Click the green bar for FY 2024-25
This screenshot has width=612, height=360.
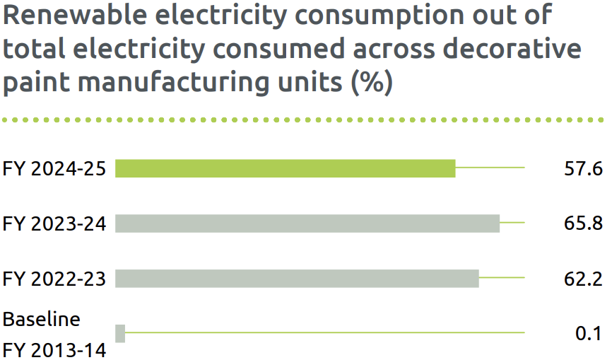coord(285,168)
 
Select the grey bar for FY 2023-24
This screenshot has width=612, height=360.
coord(307,223)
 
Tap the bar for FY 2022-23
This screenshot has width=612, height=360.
coord(297,279)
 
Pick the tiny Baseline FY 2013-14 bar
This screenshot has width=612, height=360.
coord(120,333)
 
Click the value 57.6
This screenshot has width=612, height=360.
coord(582,169)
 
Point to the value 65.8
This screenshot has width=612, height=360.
coord(582,224)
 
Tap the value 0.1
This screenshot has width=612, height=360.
coord(588,334)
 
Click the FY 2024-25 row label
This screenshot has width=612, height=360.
coord(54,169)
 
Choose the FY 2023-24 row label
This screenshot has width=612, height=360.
coord(54,224)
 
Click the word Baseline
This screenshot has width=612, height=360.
coord(42,319)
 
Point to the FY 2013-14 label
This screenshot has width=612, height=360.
coord(54,349)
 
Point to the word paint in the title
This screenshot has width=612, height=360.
coord(36,83)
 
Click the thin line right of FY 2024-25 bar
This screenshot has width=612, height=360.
coord(490,168)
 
